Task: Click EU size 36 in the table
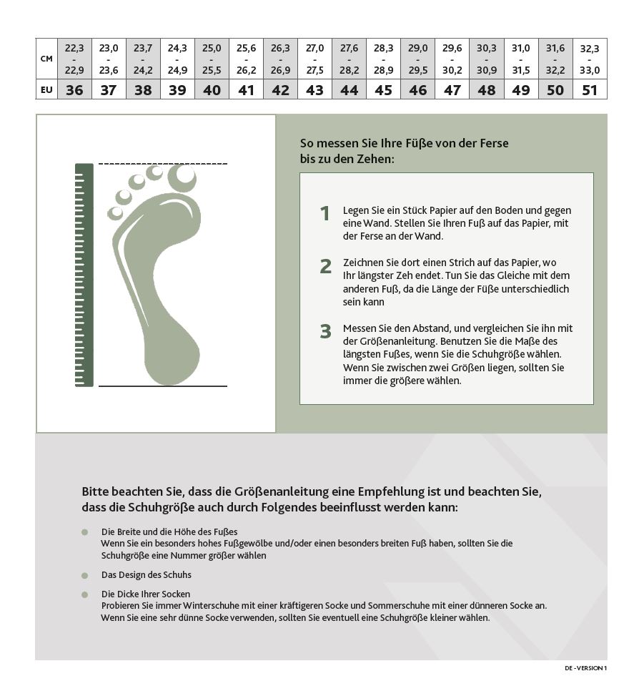point(74,90)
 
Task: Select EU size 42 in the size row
point(280,90)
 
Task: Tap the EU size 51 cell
point(590,90)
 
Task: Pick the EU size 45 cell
point(383,90)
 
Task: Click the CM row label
point(46,59)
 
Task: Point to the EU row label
point(46,90)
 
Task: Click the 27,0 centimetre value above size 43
point(314,49)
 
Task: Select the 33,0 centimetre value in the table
point(590,70)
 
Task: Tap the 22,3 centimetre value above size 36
point(74,49)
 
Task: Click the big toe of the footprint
point(182,177)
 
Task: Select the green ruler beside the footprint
point(84,275)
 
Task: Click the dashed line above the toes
point(162,164)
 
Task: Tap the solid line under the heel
point(162,386)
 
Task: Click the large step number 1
point(325,213)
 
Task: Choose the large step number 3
point(325,331)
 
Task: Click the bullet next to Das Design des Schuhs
point(84,575)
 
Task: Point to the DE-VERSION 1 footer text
point(585,668)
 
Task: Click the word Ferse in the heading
point(493,143)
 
